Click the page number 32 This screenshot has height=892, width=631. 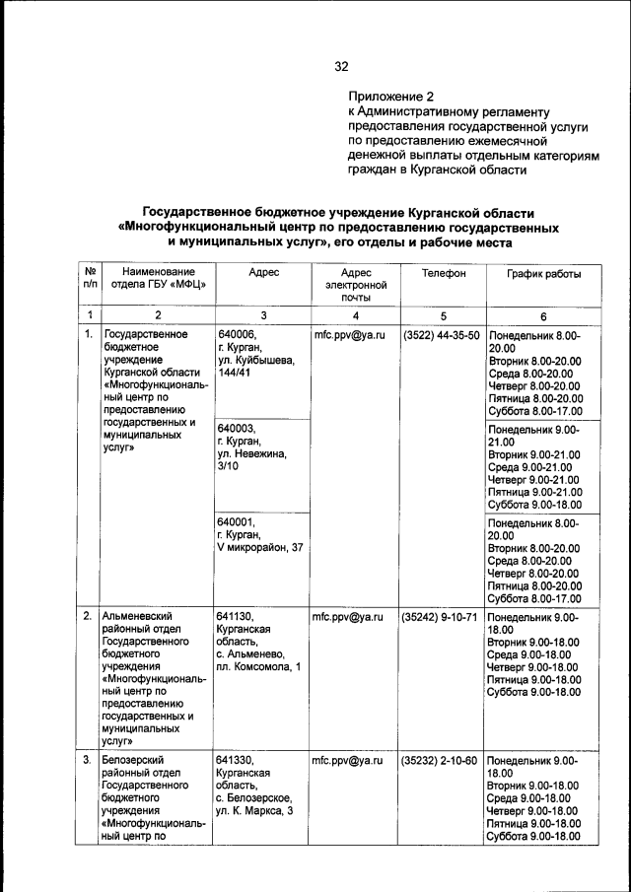click(341, 67)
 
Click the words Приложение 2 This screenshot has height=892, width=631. click(391, 98)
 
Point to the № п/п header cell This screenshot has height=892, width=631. click(89, 279)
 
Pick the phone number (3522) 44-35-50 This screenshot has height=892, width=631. click(441, 336)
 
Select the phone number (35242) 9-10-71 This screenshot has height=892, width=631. click(441, 618)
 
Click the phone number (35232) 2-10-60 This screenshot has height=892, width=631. click(441, 761)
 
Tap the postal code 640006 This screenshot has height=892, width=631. click(237, 336)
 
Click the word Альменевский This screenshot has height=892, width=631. click(141, 618)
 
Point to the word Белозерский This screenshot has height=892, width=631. click(137, 761)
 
